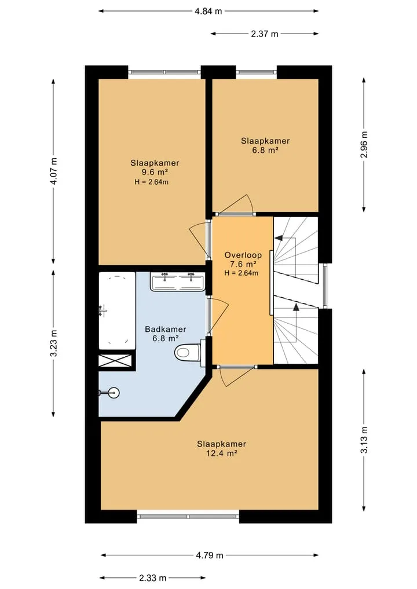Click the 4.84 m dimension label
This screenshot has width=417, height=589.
208,11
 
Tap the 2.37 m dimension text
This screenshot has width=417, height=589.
265,34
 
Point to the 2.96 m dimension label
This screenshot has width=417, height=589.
364,145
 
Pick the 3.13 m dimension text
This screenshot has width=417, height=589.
364,440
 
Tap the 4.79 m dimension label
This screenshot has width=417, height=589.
210,555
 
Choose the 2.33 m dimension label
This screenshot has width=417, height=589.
152,578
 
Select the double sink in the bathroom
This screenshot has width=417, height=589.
178,281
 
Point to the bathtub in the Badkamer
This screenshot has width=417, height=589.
117,310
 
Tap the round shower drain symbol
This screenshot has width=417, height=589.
114,393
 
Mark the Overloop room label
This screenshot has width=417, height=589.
243,255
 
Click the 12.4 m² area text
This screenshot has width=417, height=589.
222,453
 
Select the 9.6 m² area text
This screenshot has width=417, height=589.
155,172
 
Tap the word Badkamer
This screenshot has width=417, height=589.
166,330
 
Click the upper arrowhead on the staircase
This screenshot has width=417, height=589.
279,238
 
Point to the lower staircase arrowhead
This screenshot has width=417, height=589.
296,308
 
